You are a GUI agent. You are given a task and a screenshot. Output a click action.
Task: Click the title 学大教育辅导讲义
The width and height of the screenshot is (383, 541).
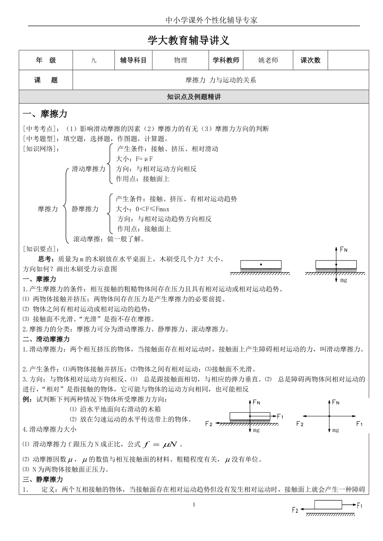click(189, 41)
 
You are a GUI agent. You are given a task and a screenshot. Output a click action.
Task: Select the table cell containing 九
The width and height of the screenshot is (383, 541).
click(94, 60)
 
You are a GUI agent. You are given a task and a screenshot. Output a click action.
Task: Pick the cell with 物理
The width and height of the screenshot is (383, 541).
click(180, 60)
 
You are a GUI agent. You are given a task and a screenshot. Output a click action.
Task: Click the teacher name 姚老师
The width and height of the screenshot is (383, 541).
click(268, 60)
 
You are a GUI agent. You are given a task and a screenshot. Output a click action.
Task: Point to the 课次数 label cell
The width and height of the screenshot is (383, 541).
click(311, 60)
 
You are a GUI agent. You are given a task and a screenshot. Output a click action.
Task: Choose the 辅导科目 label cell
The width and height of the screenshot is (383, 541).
click(133, 60)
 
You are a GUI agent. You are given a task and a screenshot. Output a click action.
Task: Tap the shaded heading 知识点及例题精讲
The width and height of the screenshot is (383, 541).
click(194, 97)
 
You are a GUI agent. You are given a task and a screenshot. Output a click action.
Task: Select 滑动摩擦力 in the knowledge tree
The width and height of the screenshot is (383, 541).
click(89, 169)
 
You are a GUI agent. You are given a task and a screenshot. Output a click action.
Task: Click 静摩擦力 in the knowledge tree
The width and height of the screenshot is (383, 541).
click(85, 209)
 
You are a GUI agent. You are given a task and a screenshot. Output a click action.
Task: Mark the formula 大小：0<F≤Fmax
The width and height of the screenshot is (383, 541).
click(143, 209)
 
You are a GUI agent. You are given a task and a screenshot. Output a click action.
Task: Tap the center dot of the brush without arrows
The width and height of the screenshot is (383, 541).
click(261, 264)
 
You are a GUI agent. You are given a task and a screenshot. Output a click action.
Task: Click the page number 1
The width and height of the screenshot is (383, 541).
click(194, 505)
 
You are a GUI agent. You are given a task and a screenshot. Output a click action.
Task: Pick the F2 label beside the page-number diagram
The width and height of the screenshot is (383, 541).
click(295, 510)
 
